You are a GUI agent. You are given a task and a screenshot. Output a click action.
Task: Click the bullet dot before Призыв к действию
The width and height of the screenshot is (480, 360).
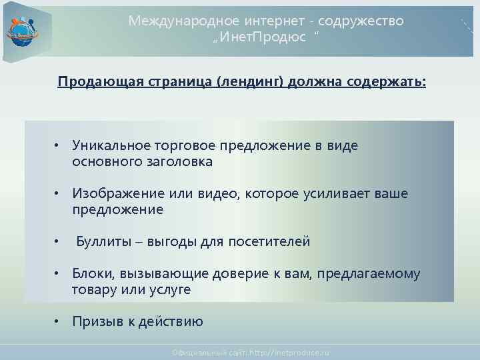pyautogui.click(x=58, y=322)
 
